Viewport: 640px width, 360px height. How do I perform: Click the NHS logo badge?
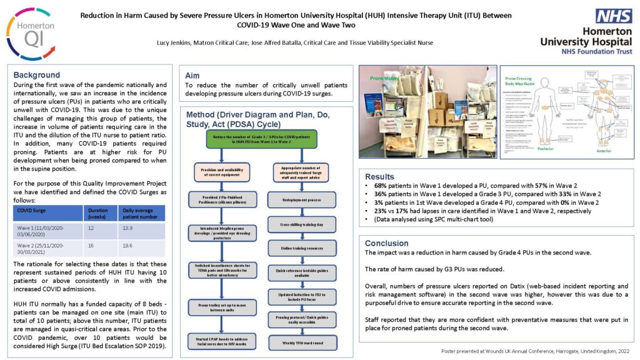[614, 16]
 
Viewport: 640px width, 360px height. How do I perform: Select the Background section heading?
[37, 75]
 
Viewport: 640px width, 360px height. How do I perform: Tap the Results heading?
[379, 177]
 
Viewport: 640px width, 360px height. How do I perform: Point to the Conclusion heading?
[386, 243]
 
